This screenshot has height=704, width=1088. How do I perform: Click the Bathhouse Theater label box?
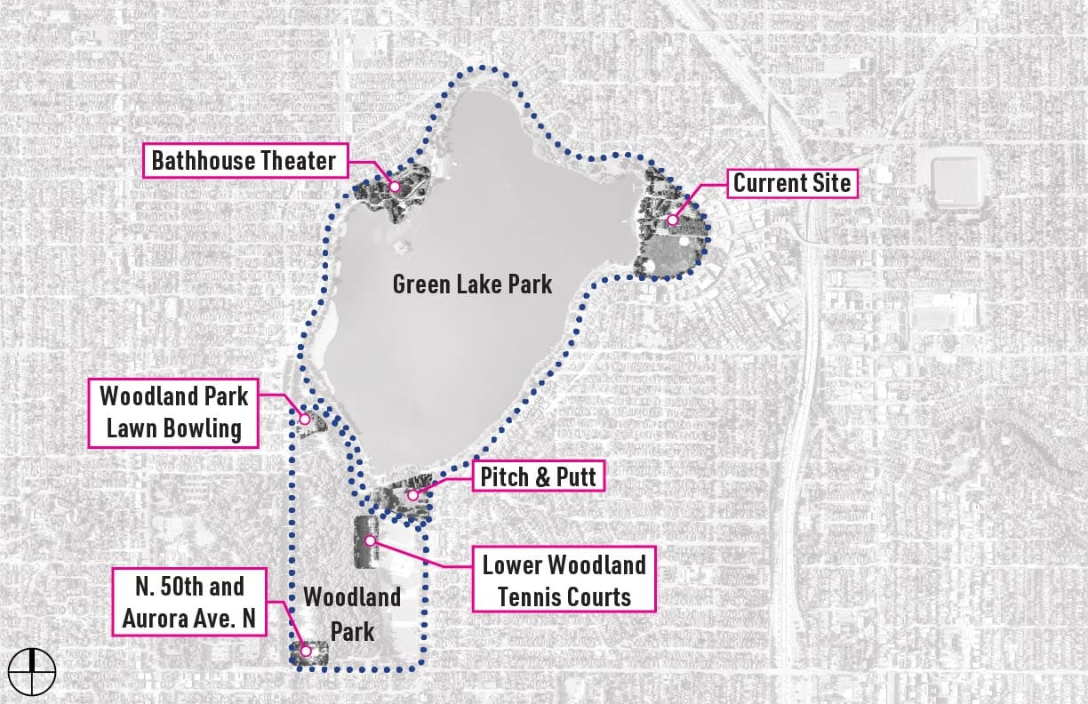coord(244,161)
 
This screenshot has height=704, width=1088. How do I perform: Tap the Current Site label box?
coord(792,184)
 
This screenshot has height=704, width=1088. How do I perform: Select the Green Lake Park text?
coord(472,284)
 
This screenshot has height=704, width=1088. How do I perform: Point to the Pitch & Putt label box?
coord(540,476)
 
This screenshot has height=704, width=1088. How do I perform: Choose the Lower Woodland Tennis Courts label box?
coord(564,580)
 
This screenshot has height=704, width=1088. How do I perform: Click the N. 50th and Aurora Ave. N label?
coord(190,602)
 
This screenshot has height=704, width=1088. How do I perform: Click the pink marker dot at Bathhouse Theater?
coord(394,188)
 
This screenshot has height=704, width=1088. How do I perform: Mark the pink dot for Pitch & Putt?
coord(412,495)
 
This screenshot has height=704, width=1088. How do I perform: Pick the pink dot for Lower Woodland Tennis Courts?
coord(370,540)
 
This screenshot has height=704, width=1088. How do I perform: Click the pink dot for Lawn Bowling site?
coord(304,418)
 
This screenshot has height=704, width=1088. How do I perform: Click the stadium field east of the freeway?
coord(956,178)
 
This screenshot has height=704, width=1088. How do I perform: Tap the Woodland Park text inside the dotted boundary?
coord(352,613)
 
